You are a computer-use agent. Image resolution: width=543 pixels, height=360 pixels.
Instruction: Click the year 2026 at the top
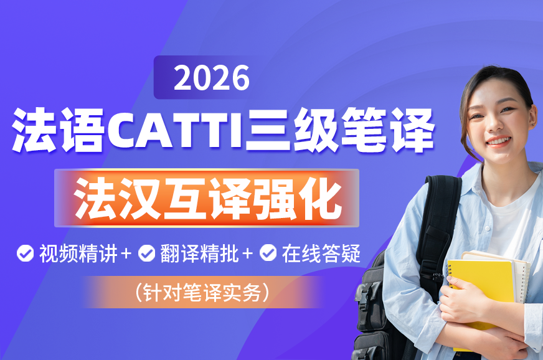[x=212, y=78]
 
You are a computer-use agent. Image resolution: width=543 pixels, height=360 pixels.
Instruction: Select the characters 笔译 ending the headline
[x=387, y=130]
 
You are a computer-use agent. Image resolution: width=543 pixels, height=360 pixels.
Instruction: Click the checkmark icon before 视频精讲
[x=26, y=253]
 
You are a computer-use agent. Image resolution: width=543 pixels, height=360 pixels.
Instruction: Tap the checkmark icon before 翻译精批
[x=147, y=253]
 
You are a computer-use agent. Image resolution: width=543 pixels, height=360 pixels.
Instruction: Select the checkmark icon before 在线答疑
[x=268, y=253]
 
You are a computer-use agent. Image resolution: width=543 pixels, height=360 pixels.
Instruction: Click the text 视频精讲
[x=78, y=253]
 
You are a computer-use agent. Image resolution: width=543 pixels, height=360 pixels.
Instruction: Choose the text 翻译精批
[x=200, y=253]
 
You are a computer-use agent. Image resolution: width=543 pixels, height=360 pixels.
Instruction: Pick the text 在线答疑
[x=321, y=253]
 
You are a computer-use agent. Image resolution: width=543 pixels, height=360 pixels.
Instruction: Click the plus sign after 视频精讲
[x=126, y=253]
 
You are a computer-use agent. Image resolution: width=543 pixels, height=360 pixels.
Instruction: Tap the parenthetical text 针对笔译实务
[x=202, y=293]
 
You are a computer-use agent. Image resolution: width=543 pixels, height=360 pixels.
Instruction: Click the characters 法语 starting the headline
[x=58, y=130]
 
